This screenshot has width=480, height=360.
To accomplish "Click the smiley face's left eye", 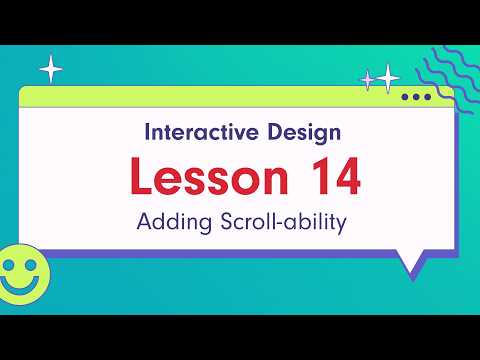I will (10, 265).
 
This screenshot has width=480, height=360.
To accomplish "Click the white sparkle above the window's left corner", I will (50, 69).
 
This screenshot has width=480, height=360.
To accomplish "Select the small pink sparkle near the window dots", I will (367, 79).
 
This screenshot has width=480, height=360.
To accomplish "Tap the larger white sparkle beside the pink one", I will (387, 76).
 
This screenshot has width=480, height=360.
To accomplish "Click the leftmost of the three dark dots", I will (405, 97).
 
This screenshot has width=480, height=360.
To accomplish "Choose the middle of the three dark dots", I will (416, 97).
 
